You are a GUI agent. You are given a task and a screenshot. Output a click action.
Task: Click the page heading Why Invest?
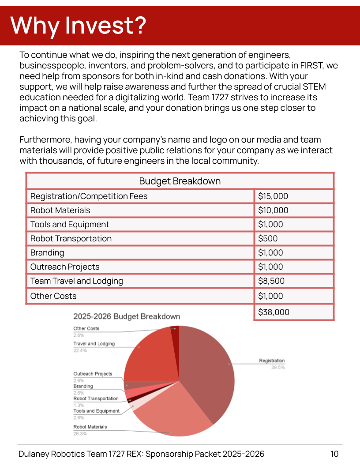(x=78, y=25)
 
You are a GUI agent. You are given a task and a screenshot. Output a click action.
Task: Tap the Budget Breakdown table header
(x=180, y=181)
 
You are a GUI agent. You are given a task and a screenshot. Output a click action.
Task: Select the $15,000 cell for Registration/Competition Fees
(x=273, y=196)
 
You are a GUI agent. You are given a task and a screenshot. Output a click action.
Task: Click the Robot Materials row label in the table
(x=60, y=210)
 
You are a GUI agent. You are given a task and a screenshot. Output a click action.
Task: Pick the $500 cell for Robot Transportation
(x=268, y=238)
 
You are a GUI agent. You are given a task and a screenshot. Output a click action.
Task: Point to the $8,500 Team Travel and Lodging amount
(x=271, y=281)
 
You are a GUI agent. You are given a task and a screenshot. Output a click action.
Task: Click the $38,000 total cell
(x=274, y=312)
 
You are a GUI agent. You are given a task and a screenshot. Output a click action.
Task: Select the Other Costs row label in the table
(x=53, y=296)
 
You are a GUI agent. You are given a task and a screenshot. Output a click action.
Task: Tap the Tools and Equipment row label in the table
(x=70, y=224)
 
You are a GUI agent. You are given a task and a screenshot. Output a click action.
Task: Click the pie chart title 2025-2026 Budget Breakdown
(x=127, y=316)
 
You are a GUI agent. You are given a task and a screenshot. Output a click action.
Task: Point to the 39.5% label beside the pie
(x=278, y=367)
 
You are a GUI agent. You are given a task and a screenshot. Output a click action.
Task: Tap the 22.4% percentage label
(x=80, y=350)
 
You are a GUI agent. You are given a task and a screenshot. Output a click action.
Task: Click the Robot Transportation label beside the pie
(x=96, y=398)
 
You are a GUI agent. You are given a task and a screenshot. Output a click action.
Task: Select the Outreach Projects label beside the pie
(x=93, y=374)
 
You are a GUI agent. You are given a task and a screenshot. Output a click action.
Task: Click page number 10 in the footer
(x=334, y=454)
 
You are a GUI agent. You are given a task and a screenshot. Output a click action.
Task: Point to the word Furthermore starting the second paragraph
(x=45, y=139)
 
